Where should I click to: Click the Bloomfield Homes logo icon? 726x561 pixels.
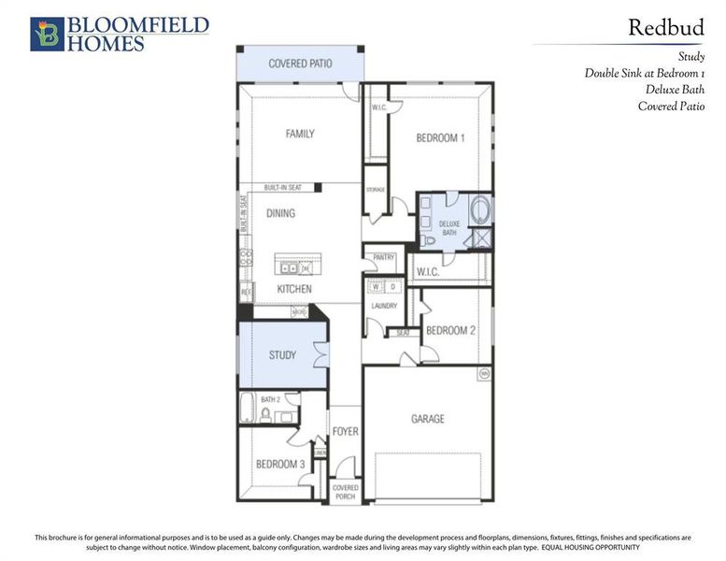pyautogui.click(x=46, y=34)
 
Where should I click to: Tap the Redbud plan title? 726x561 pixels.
pyautogui.click(x=665, y=27)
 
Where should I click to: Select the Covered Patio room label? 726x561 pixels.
pyautogui.click(x=299, y=64)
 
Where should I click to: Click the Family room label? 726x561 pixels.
pyautogui.click(x=300, y=134)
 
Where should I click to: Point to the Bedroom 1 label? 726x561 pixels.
pyautogui.click(x=440, y=138)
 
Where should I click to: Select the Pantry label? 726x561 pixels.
pyautogui.click(x=384, y=257)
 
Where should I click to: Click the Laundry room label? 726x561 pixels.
pyautogui.click(x=384, y=306)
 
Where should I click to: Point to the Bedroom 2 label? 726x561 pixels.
pyautogui.click(x=451, y=331)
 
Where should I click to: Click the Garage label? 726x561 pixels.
pyautogui.click(x=427, y=419)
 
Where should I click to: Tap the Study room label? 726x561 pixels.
pyautogui.click(x=282, y=355)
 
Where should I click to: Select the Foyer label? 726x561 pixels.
pyautogui.click(x=345, y=433)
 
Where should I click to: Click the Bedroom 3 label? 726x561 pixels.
pyautogui.click(x=280, y=465)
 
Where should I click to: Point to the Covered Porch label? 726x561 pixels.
pyautogui.click(x=345, y=492)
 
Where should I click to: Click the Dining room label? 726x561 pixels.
pyautogui.click(x=280, y=214)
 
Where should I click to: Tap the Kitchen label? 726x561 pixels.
pyautogui.click(x=294, y=290)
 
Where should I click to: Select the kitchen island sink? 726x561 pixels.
pyautogui.click(x=290, y=268)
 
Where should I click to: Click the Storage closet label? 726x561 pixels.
pyautogui.click(x=375, y=190)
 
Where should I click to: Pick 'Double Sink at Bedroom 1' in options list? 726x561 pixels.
pyautogui.click(x=645, y=73)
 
